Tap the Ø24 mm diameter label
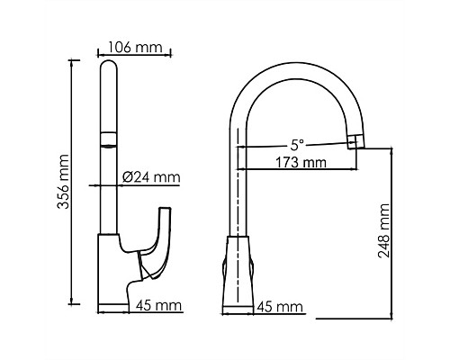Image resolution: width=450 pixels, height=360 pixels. [x=149, y=177]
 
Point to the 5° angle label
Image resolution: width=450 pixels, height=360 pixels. [x=297, y=143]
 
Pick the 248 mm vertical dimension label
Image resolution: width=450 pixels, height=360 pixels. [x=385, y=232]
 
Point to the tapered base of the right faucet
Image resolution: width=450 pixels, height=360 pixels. [x=238, y=270]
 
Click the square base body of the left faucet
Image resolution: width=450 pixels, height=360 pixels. [x=112, y=270]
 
